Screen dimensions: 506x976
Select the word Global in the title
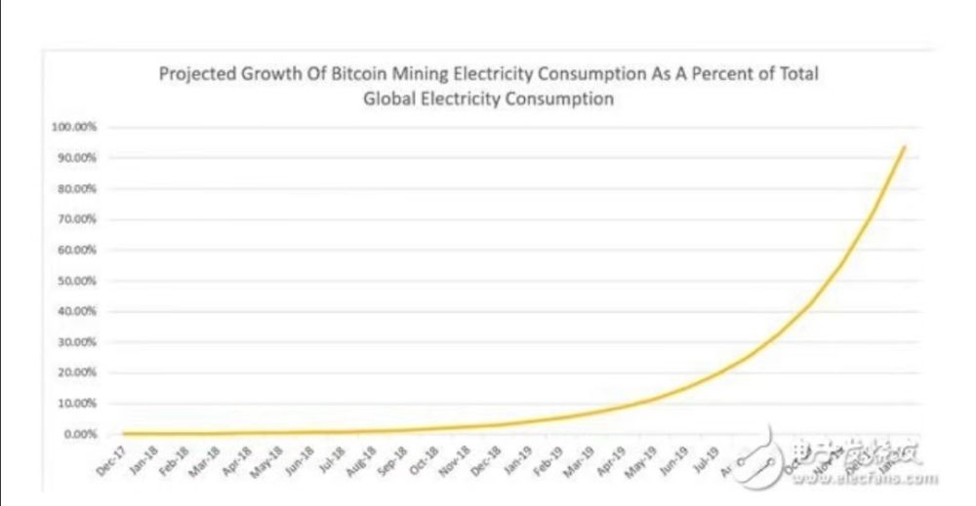tap(391, 98)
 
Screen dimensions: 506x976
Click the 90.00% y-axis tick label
tap(76, 158)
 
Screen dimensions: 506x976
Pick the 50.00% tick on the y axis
tap(76, 281)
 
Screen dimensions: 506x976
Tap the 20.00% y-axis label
tap(76, 372)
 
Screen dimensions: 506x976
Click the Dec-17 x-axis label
tap(111, 459)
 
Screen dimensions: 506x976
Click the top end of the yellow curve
tap(905, 146)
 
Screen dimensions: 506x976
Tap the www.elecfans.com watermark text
tap(882, 479)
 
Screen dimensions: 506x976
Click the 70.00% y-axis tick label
tap(76, 219)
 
